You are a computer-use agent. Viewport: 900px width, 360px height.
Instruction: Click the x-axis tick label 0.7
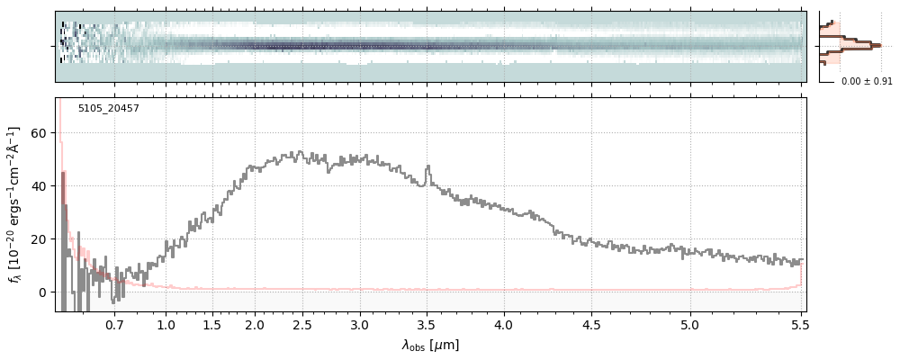[114, 325]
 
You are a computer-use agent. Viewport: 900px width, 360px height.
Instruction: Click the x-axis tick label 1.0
[166, 325]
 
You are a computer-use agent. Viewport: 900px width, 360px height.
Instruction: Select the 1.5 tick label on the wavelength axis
[212, 325]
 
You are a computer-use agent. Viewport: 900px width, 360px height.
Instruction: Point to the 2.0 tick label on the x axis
[255, 325]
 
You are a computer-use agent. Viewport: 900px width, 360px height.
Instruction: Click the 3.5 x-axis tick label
[427, 325]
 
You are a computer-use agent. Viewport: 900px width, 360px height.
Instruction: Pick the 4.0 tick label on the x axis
[503, 325]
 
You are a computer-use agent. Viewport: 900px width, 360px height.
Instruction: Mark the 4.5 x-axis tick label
[591, 325]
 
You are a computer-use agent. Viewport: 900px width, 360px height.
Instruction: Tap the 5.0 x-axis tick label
[690, 325]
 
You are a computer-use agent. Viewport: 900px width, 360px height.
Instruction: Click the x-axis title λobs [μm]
[430, 345]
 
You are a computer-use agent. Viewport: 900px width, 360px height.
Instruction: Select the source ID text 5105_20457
[109, 109]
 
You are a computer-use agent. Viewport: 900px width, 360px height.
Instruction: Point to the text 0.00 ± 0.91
[867, 82]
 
